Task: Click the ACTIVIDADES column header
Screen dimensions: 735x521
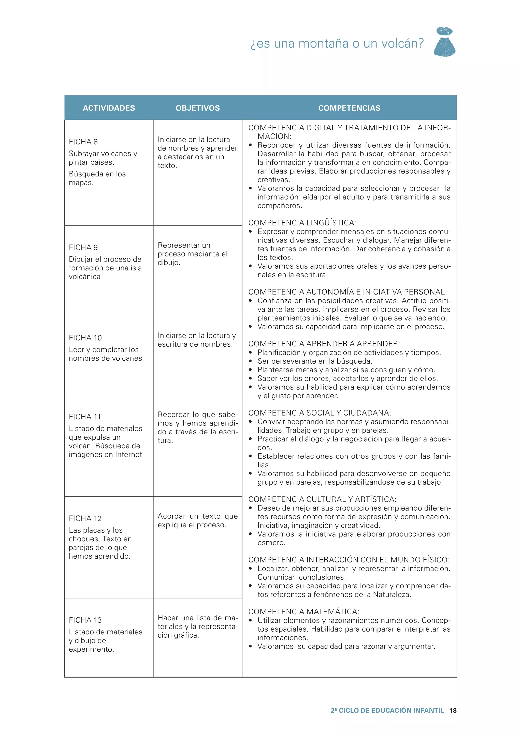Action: click(x=109, y=108)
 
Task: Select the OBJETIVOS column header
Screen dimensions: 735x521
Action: click(x=198, y=108)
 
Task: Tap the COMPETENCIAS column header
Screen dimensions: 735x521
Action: click(x=349, y=108)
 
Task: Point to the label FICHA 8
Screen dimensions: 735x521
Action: click(x=83, y=142)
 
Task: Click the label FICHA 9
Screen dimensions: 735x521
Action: click(x=83, y=248)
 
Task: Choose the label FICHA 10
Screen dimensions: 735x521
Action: click(x=85, y=338)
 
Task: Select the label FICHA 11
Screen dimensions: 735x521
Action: click(x=85, y=417)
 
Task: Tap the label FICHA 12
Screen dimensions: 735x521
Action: click(x=85, y=518)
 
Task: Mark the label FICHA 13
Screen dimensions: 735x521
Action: click(x=85, y=620)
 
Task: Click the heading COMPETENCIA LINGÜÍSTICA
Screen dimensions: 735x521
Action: click(x=302, y=223)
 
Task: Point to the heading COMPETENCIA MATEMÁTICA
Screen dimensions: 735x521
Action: click(x=303, y=611)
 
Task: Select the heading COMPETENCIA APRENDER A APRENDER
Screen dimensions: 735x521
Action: click(x=324, y=344)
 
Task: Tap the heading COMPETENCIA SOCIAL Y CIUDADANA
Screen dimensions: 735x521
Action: click(x=320, y=413)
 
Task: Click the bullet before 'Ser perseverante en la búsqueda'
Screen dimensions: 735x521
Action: click(x=251, y=361)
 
